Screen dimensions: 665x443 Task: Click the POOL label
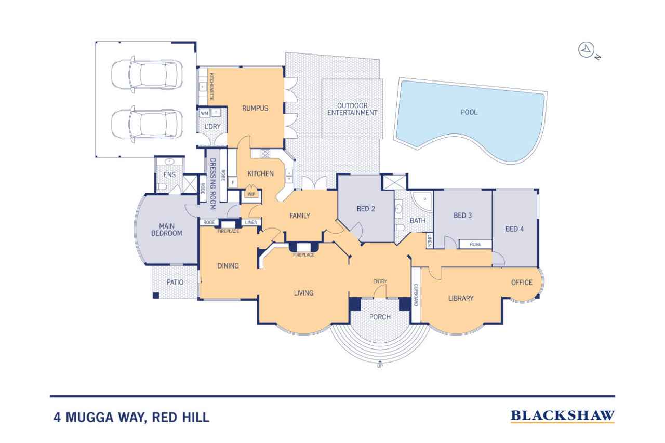pyautogui.click(x=469, y=112)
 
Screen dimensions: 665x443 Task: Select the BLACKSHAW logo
pyautogui.click(x=563, y=416)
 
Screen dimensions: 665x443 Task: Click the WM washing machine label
pyautogui.click(x=205, y=113)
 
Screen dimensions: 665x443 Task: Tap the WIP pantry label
pyautogui.click(x=251, y=194)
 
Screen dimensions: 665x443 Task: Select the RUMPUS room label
pyautogui.click(x=255, y=109)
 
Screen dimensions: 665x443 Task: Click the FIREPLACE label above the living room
pyautogui.click(x=303, y=255)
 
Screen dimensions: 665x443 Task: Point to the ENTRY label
pyautogui.click(x=380, y=281)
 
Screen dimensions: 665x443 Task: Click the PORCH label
pyautogui.click(x=380, y=317)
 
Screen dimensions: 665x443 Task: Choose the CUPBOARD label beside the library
pyautogui.click(x=416, y=295)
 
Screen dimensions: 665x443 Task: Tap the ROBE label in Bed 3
pyautogui.click(x=475, y=244)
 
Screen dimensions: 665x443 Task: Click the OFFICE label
pyautogui.click(x=522, y=283)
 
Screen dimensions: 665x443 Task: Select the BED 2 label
pyautogui.click(x=366, y=209)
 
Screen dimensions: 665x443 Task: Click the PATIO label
pyautogui.click(x=175, y=282)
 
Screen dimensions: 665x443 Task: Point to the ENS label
pyautogui.click(x=169, y=175)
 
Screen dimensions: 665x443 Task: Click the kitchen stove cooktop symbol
pyautogui.click(x=265, y=153)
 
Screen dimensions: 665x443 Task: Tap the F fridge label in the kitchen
pyautogui.click(x=233, y=182)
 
